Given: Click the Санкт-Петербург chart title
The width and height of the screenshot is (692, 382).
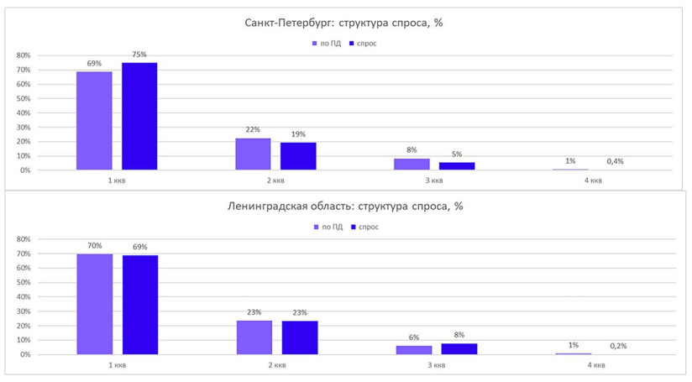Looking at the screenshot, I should [343, 23].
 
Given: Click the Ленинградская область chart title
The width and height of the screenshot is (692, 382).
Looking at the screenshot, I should [343, 207].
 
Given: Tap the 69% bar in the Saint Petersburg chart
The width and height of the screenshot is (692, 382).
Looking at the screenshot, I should [94, 121].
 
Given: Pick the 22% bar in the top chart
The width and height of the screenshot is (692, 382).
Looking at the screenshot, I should [253, 154].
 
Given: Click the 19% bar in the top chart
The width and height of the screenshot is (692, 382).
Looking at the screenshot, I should [298, 156].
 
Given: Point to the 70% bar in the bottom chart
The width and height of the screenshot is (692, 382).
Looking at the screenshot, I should [94, 304].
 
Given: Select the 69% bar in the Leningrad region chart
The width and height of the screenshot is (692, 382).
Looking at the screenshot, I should [140, 305].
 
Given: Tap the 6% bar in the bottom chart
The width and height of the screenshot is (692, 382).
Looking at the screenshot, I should [413, 350].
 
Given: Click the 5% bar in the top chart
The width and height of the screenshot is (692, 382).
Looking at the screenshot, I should [457, 166].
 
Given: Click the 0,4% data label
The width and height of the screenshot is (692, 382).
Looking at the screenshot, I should [615, 161].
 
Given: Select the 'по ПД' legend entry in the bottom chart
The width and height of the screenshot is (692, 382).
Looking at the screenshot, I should [327, 228].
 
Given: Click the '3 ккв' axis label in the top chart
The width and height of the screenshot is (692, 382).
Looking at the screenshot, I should [434, 181].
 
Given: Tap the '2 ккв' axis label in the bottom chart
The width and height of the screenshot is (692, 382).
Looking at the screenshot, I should [276, 365].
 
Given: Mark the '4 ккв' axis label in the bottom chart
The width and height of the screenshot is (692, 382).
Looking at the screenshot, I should [595, 365].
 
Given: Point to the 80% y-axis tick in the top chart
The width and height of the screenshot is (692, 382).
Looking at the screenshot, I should [24, 55].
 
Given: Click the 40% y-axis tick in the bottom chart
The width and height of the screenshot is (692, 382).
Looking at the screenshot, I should [24, 297].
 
